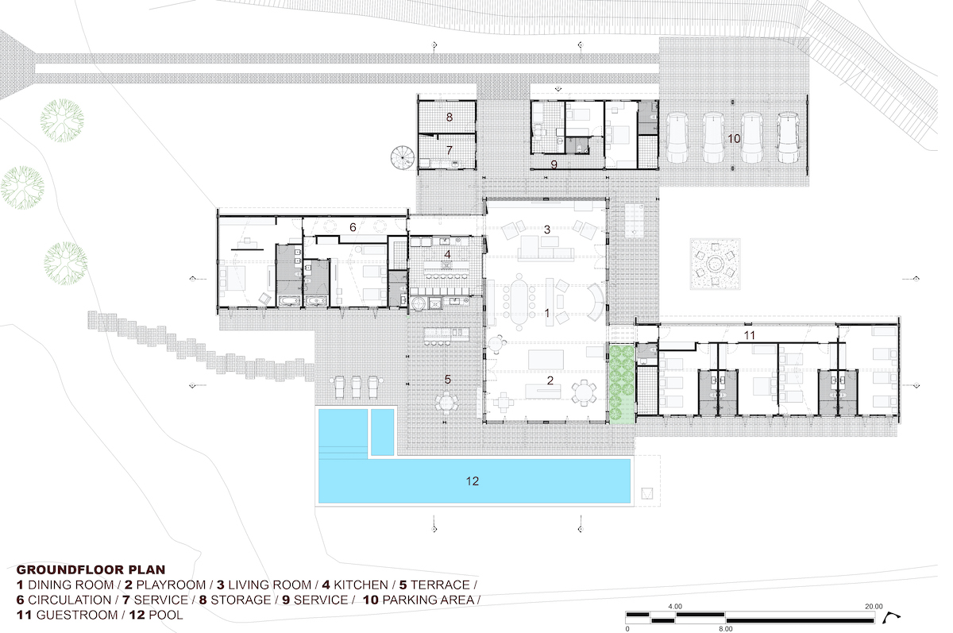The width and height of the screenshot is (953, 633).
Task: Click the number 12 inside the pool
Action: (x=473, y=481)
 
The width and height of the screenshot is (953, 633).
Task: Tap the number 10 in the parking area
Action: (x=734, y=139)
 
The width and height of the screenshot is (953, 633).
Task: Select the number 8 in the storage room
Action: (x=449, y=117)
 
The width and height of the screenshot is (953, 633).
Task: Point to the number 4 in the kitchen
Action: (x=447, y=254)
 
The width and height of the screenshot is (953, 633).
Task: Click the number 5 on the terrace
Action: (x=448, y=380)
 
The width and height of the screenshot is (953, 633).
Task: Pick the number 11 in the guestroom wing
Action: (x=749, y=335)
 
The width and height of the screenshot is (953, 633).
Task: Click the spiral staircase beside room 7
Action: (x=403, y=157)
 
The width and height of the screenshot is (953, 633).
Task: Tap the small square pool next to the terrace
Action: (x=383, y=432)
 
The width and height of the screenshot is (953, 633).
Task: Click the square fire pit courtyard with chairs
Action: (x=716, y=264)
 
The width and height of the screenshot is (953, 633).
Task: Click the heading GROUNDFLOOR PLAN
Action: (x=91, y=569)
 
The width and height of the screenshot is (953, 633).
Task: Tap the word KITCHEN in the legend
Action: (x=361, y=585)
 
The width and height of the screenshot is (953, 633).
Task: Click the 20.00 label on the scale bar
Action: (x=874, y=606)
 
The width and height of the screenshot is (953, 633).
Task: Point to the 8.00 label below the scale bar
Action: (x=726, y=629)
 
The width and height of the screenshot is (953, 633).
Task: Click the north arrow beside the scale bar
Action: (x=892, y=617)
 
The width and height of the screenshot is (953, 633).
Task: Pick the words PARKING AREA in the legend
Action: (x=428, y=600)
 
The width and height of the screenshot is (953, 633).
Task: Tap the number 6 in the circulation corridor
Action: (x=353, y=227)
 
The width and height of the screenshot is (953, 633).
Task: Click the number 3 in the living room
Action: (x=547, y=230)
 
